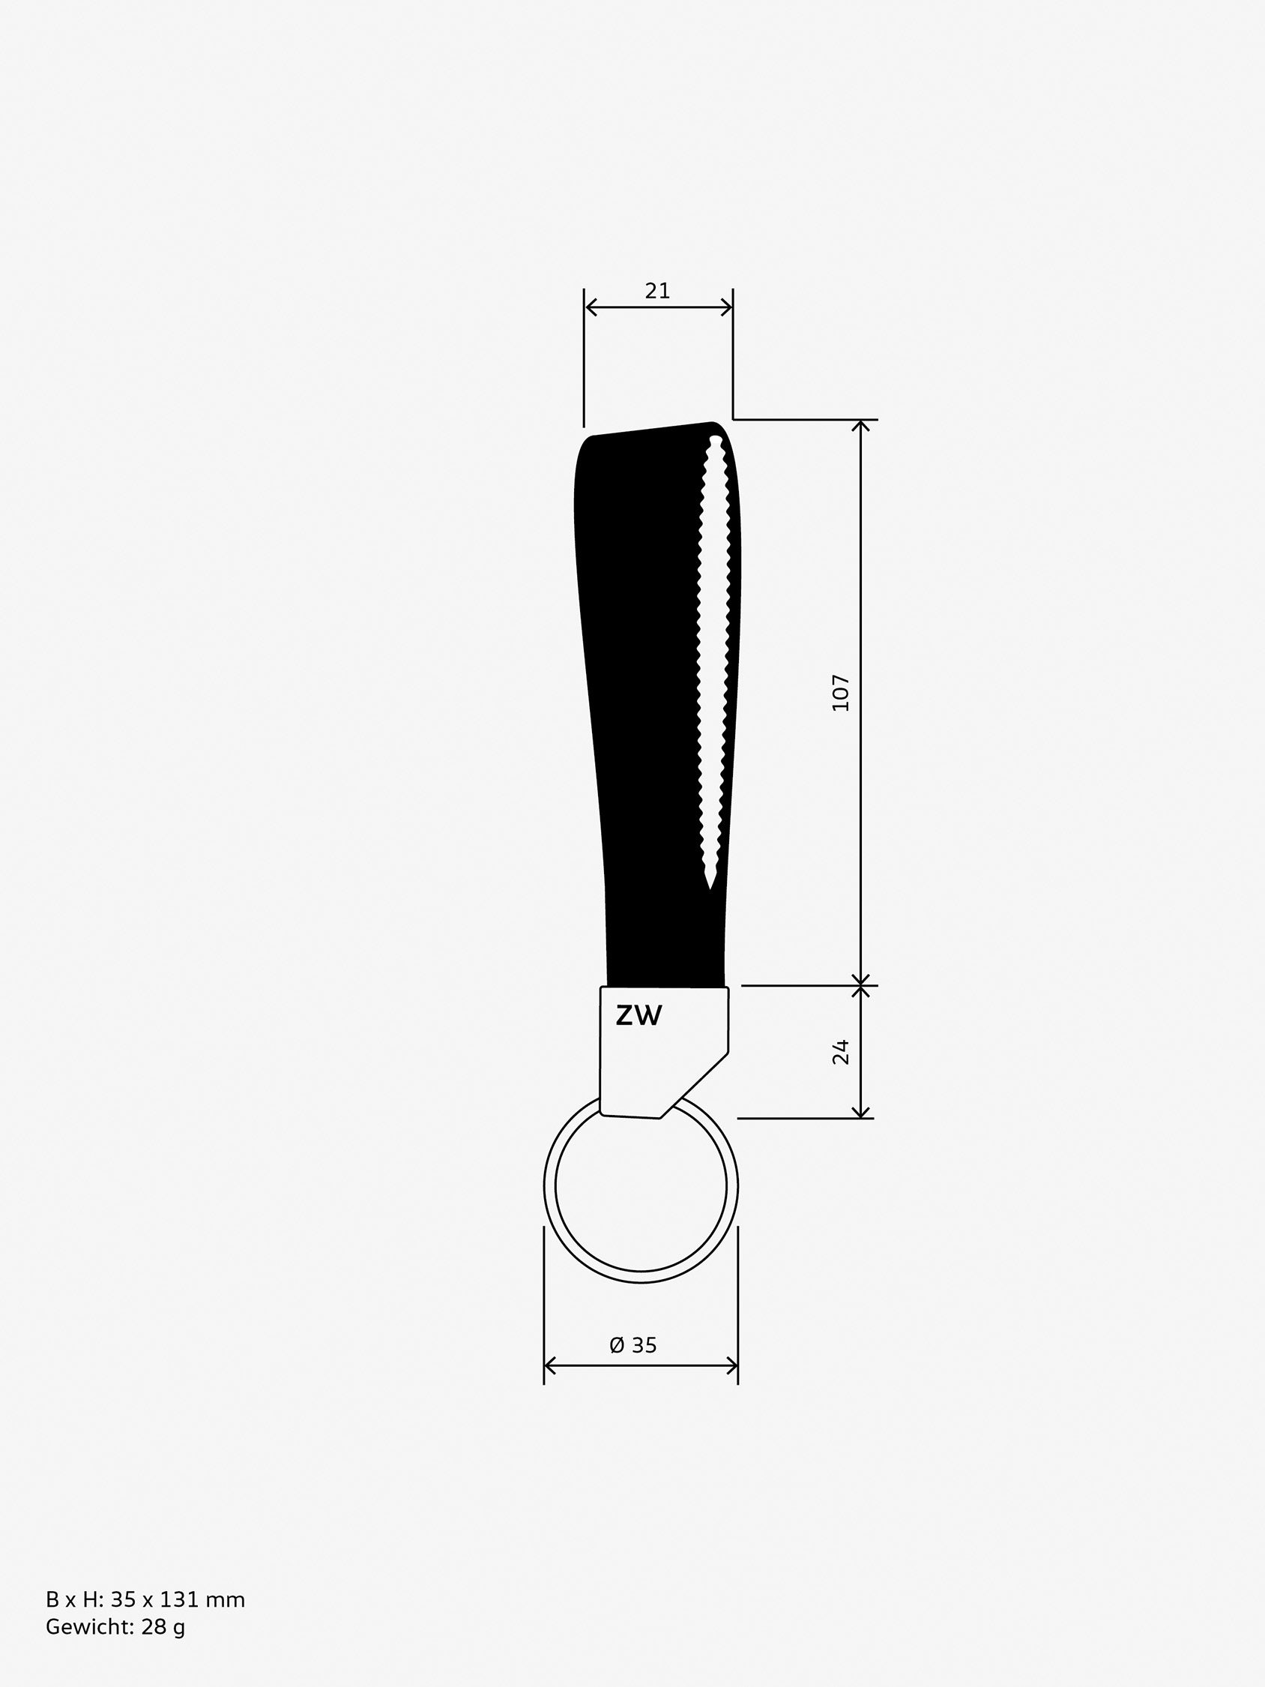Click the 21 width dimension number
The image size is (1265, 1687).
coord(657,291)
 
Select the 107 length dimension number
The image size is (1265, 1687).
coord(840,693)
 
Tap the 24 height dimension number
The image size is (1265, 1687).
coord(840,1052)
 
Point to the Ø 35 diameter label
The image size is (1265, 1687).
coord(633,1344)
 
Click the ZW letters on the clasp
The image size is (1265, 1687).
coord(639,1015)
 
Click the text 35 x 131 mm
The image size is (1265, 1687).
coord(178,1599)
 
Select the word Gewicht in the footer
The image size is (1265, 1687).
coord(91,1627)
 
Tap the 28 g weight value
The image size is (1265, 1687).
coord(163,1627)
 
